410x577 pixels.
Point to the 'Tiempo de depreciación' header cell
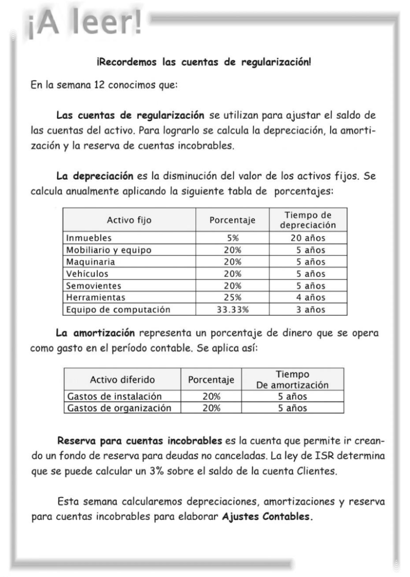307,220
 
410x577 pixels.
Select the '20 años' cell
307,238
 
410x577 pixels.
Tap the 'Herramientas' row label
95,298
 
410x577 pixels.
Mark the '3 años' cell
307,309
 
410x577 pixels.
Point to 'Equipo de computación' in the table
118,309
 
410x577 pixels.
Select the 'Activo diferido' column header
122,379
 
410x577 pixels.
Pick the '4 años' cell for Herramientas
307,298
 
